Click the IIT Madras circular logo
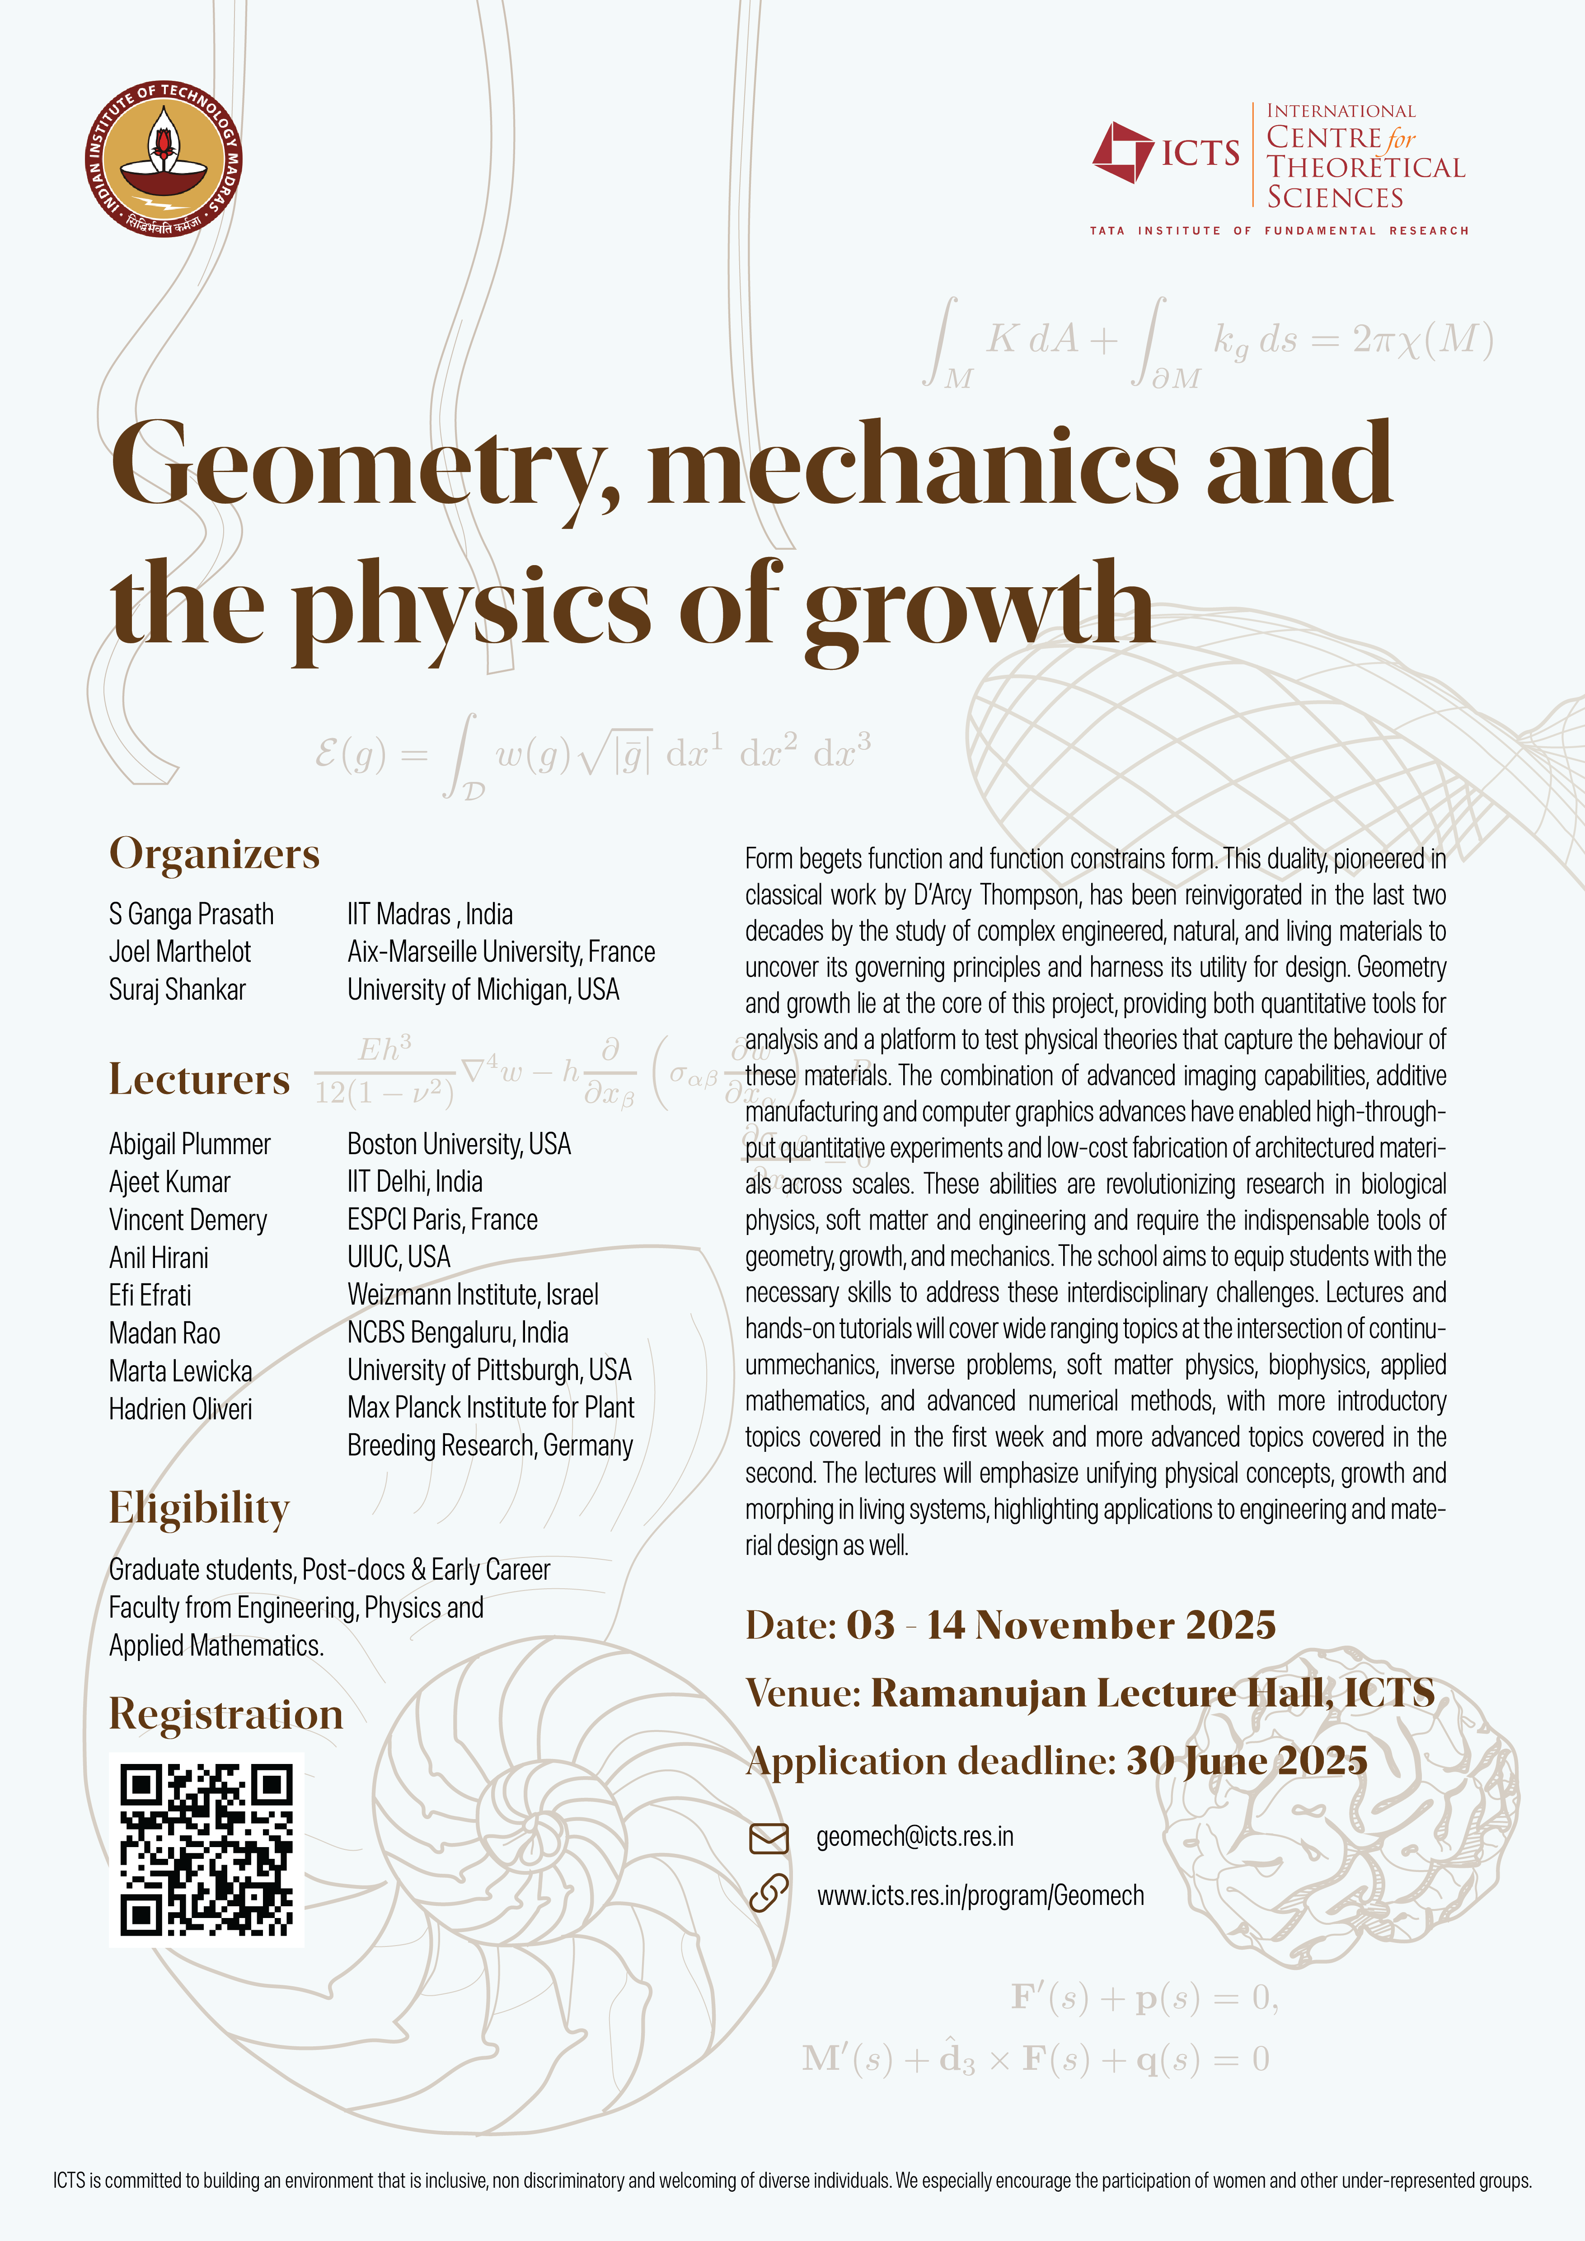point(163,158)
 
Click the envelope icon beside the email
point(768,1838)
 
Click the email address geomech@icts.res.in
point(914,1837)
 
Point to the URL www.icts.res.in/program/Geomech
point(980,1895)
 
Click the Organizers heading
point(214,853)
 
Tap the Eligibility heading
point(199,1508)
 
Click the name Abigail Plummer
point(189,1144)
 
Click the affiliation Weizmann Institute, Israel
point(472,1295)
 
